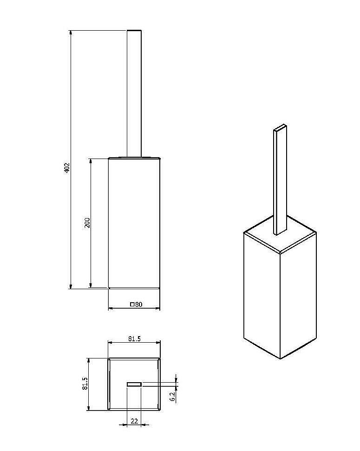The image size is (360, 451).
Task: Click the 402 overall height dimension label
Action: (66, 168)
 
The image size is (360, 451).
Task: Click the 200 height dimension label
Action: (87, 223)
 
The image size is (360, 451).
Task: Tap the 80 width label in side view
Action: (139, 305)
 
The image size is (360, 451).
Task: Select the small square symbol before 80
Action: (132, 305)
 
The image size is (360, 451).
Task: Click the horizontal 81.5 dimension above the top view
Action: (134, 339)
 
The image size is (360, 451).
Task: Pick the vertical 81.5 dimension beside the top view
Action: (85, 384)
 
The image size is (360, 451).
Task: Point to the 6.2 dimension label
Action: (172, 397)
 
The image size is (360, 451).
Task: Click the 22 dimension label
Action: (134, 421)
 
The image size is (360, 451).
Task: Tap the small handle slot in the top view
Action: (134, 384)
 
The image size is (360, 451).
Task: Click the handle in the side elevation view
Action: (134, 93)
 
